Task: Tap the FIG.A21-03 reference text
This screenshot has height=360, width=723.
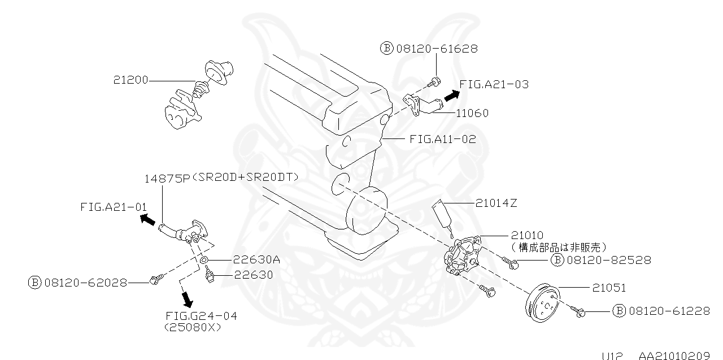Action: pyautogui.click(x=494, y=84)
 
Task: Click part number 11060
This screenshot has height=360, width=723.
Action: pyautogui.click(x=472, y=113)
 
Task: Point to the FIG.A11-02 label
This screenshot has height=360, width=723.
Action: pyautogui.click(x=442, y=138)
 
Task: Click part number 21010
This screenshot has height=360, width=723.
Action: pyautogui.click(x=527, y=235)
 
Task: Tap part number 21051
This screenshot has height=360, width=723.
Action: pyautogui.click(x=609, y=288)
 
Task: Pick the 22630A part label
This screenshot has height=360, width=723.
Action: pyautogui.click(x=256, y=260)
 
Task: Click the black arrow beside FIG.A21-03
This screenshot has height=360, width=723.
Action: pyautogui.click(x=450, y=96)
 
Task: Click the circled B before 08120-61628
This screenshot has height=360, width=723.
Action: pyautogui.click(x=387, y=49)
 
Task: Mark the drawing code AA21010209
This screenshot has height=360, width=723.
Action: pyautogui.click(x=674, y=355)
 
